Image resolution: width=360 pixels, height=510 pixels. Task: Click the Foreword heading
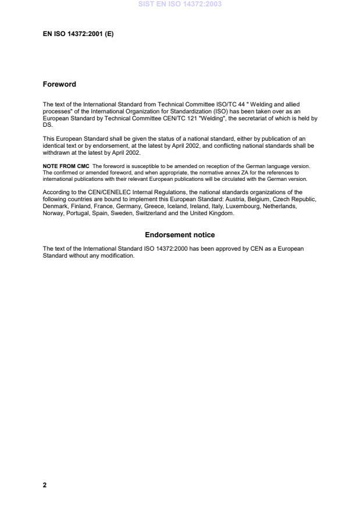(59, 84)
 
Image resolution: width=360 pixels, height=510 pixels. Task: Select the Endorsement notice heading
(180, 235)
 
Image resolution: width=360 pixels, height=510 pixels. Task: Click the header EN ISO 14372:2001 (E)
(78, 34)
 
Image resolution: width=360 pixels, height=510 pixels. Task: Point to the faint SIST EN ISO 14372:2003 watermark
(180, 4)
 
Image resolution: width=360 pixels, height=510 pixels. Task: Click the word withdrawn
(57, 153)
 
